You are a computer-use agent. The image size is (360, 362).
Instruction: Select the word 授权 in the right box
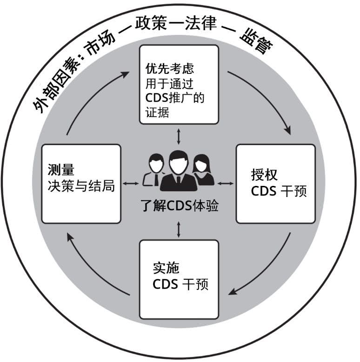[264, 175]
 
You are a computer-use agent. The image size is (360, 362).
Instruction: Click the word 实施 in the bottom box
[166, 268]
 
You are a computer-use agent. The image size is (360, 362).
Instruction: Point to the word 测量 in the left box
[58, 168]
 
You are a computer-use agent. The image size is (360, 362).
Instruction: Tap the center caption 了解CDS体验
[180, 205]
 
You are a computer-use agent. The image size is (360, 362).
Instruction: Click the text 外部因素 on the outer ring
[55, 86]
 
